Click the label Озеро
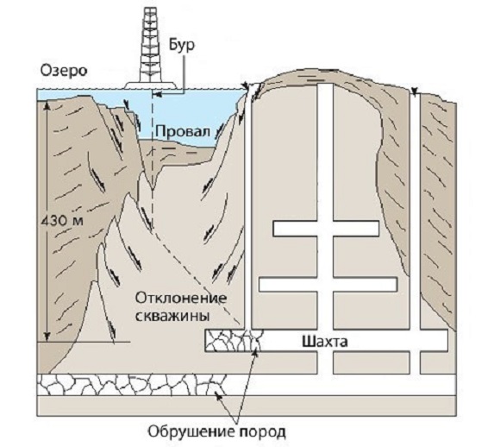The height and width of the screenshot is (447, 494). [x=64, y=71]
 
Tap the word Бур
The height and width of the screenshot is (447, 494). [x=182, y=46]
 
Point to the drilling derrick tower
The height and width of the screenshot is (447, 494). [x=151, y=44]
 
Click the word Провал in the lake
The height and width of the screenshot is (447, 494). [x=183, y=130]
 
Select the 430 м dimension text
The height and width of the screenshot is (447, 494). [x=62, y=221]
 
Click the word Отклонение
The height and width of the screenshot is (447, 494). [x=181, y=298]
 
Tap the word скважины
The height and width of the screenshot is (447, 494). [x=173, y=316]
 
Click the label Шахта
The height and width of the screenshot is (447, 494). [x=325, y=342]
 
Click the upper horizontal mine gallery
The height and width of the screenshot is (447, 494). [x=326, y=229]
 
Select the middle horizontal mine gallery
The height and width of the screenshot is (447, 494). [x=328, y=284]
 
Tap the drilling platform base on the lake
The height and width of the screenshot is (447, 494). [x=151, y=85]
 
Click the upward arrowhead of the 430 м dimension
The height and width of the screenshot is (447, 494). [x=47, y=104]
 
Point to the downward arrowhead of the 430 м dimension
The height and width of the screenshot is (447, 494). [x=47, y=337]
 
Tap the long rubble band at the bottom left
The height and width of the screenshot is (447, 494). [x=132, y=385]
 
